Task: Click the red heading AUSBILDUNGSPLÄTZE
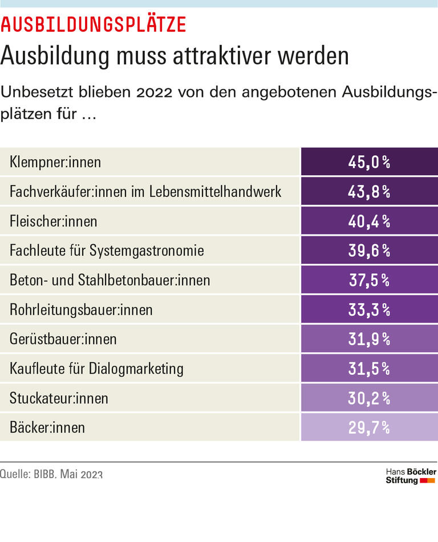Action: [94, 25]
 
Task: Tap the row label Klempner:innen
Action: [55, 162]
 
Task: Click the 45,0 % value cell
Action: [369, 162]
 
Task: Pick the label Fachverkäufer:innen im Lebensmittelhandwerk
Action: [145, 192]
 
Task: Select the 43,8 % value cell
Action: [369, 192]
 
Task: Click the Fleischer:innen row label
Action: [54, 221]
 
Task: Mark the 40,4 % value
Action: [369, 221]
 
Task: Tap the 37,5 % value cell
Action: [369, 280]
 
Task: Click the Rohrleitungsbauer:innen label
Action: [81, 310]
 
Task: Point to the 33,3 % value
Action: [369, 310]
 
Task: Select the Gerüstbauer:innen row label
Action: [63, 339]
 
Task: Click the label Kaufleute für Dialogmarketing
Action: [96, 369]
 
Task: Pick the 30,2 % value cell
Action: [369, 398]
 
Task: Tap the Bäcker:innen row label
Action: [47, 427]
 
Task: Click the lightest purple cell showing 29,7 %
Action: [369, 427]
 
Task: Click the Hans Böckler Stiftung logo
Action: [411, 476]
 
